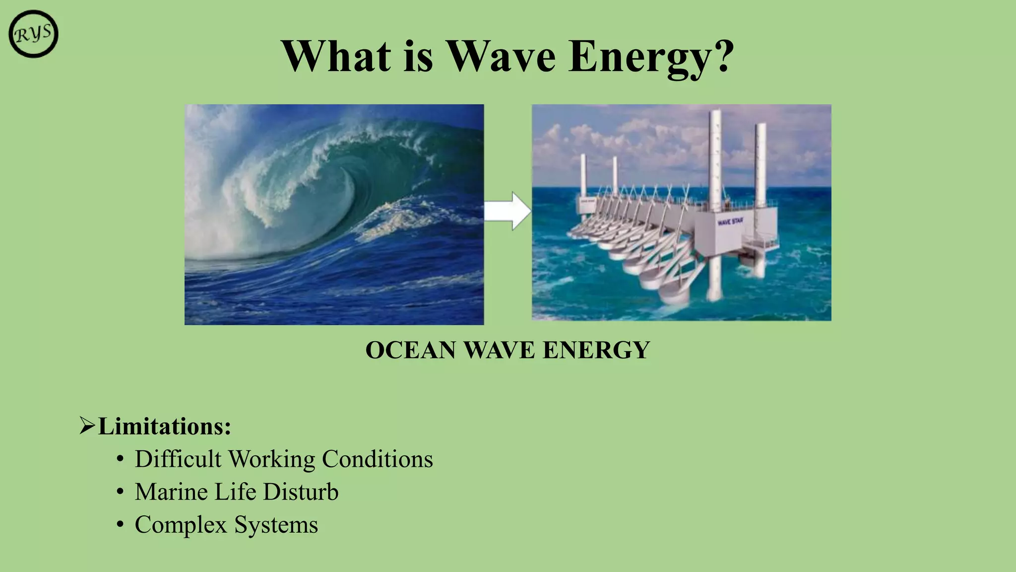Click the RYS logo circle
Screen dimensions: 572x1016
point(33,34)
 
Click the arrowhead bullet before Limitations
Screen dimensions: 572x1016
point(87,426)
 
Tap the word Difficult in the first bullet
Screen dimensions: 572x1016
point(178,459)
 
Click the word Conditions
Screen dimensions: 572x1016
point(377,459)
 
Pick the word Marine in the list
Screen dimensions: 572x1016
point(171,492)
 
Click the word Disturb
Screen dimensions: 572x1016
point(300,492)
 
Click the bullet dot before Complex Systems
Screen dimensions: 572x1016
point(120,524)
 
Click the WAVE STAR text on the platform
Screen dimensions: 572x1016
point(730,221)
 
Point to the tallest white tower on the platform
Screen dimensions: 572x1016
point(715,159)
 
